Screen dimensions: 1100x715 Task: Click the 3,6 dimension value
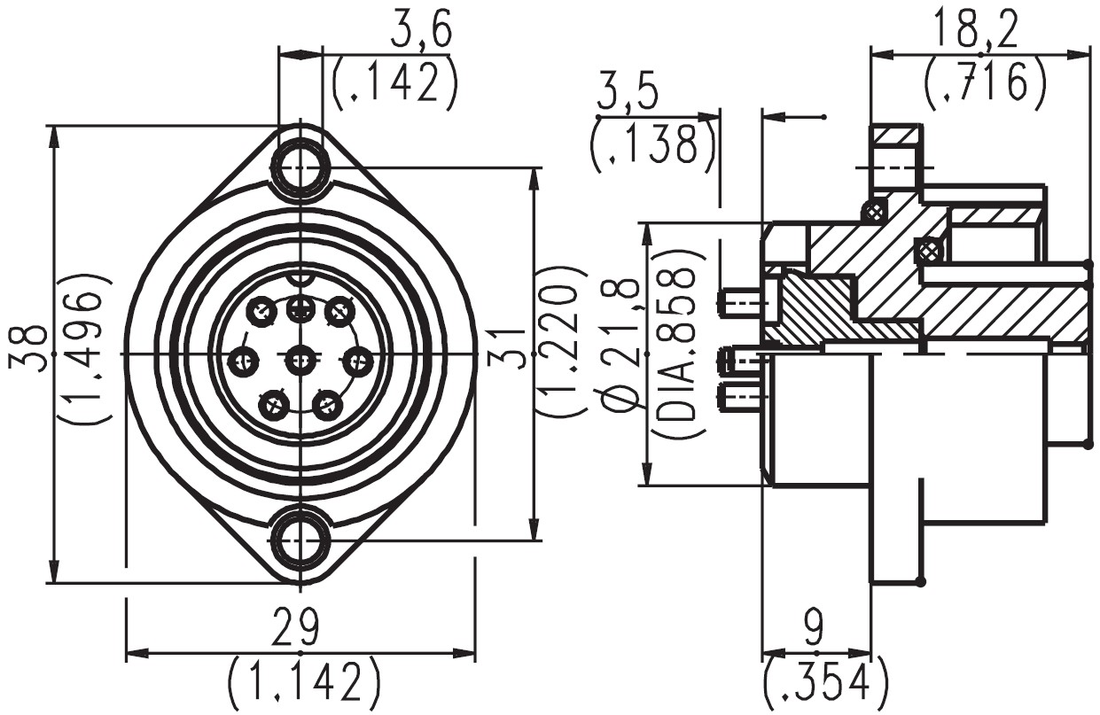tap(421, 32)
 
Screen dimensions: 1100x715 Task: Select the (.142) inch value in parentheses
tap(395, 85)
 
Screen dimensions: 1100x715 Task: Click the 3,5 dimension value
tap(627, 97)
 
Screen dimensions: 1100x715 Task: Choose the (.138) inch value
tap(651, 146)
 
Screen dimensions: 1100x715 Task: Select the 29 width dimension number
tap(295, 627)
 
